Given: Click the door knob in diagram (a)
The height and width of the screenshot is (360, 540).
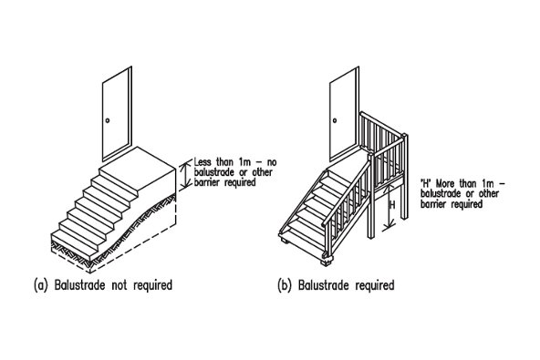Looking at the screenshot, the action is tap(108, 120).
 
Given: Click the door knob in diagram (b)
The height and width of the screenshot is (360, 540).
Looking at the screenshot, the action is tap(335, 120).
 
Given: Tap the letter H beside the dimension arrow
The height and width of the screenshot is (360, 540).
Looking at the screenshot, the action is tap(391, 205).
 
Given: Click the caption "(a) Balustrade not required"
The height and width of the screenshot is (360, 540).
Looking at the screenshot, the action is tap(103, 285).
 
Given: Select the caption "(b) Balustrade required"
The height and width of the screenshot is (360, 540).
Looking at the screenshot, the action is tap(336, 285).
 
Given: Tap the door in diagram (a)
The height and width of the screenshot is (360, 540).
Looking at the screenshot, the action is tap(117, 114).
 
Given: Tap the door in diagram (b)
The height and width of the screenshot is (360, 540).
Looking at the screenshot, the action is tap(345, 114).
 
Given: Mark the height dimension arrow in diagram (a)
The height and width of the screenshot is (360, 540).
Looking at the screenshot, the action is tap(186, 175).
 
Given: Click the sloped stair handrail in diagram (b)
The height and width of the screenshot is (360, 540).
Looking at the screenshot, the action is tap(346, 192).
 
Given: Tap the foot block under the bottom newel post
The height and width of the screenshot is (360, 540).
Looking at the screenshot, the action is tap(326, 262).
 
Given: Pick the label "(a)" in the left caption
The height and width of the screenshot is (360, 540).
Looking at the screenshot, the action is tap(40, 285).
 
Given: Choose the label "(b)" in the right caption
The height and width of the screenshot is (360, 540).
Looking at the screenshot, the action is tap(284, 285).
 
